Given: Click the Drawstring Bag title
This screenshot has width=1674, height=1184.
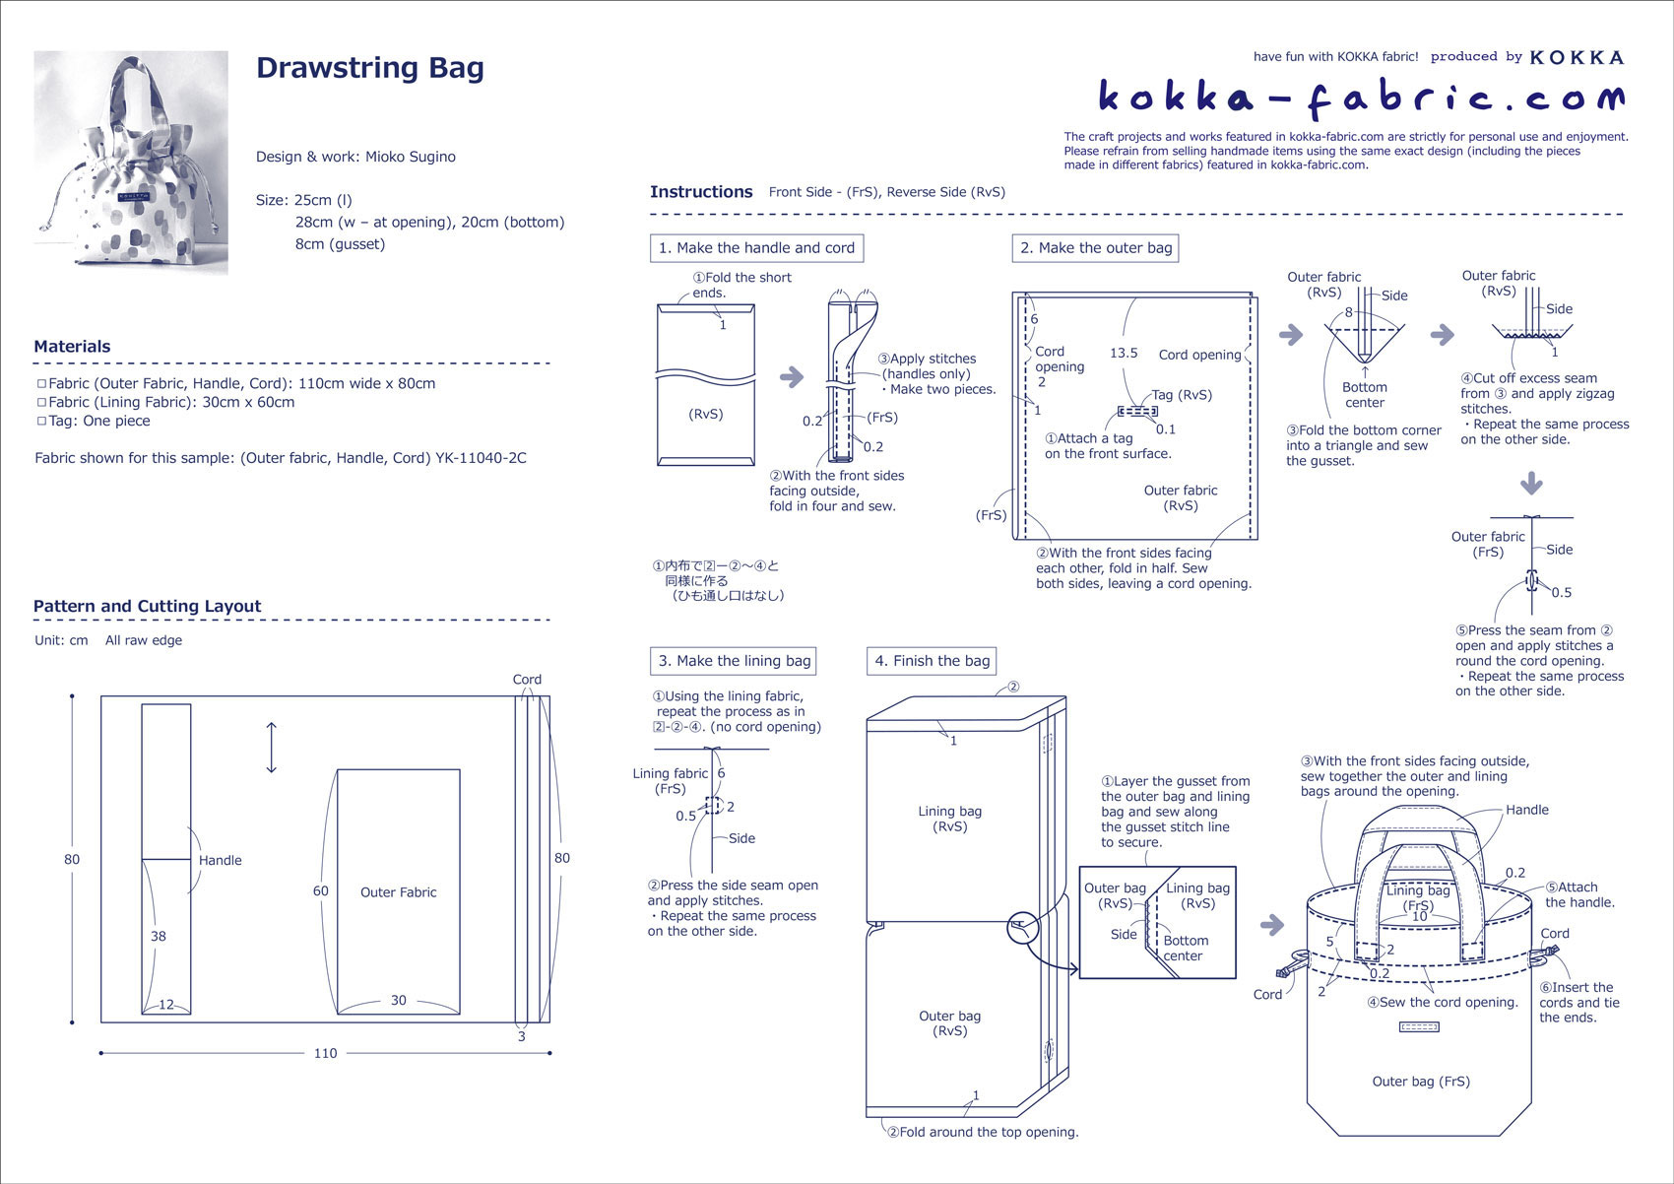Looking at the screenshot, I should pos(369,68).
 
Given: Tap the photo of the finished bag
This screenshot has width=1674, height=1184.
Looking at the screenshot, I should pos(131,164).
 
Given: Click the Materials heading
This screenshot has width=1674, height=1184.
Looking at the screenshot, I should pos(72,347).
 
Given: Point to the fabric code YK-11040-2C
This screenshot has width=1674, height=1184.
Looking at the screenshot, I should pos(481,458).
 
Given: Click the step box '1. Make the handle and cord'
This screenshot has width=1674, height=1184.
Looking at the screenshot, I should pos(756,248).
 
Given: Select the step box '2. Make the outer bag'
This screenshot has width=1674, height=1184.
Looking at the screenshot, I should pos(1095,248).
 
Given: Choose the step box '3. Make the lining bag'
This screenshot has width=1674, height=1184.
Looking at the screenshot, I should pos(734,661).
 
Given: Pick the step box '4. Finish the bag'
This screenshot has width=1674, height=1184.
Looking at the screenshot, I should pos(932,661).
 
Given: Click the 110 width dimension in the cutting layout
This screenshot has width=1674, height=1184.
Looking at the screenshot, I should pos(325,1053).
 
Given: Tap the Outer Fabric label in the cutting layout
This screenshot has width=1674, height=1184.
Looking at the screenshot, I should pos(398,892).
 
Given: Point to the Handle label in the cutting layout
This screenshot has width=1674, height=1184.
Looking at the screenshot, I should pos(220,860).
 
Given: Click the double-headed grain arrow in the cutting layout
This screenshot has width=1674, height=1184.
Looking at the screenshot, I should pos(272,748).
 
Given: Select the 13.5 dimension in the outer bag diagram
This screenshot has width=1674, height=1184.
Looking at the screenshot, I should pos(1124,353).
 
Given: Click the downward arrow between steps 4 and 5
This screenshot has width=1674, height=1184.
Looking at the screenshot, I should pos(1531,484).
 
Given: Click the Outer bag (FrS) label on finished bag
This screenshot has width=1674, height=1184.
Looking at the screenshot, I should pos(1421,1082).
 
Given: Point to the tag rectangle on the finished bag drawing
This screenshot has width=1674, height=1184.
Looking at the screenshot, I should pos(1419,1027).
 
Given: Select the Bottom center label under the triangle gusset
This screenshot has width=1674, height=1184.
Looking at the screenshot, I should pos(1365,395).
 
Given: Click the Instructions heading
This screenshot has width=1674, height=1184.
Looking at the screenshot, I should pos(701,192).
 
